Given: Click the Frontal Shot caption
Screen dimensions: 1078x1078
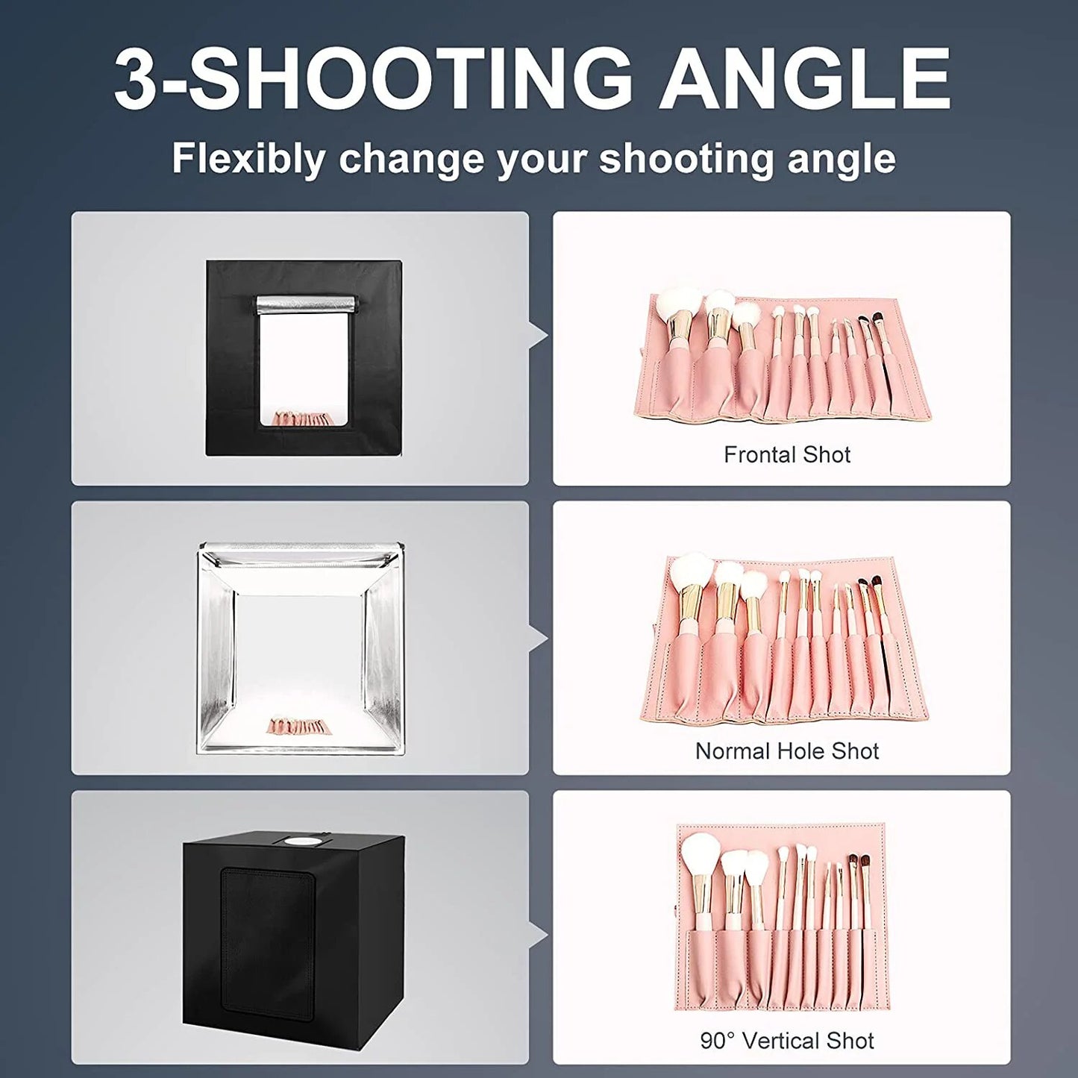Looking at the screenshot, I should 787,454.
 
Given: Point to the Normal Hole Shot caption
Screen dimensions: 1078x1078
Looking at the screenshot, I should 787,750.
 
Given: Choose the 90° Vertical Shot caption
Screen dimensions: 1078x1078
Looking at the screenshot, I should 787,1041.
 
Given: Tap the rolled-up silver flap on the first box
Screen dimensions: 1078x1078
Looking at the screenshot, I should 306,304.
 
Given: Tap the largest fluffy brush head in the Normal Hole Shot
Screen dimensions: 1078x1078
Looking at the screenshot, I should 691,571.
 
